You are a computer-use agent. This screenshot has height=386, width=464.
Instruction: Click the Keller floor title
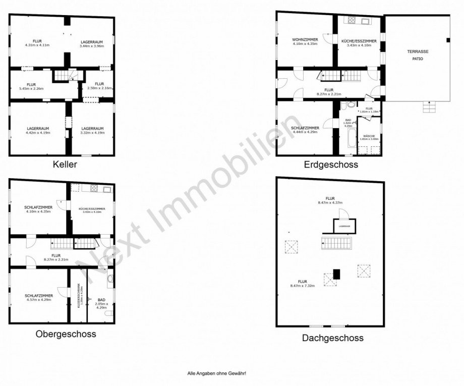pyautogui.click(x=65, y=164)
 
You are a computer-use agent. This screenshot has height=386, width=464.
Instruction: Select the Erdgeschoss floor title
pyautogui.click(x=330, y=164)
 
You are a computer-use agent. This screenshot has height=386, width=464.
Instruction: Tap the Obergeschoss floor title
pyautogui.click(x=66, y=334)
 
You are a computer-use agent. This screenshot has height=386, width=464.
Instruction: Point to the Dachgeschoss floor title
pyautogui.click(x=332, y=338)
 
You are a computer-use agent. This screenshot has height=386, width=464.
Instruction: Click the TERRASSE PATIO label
pyautogui.click(x=418, y=55)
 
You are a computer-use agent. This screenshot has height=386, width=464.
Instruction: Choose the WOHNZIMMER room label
pyautogui.click(x=305, y=42)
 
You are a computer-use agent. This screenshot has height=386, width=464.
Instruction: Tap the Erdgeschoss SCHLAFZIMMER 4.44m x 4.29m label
pyautogui.click(x=304, y=130)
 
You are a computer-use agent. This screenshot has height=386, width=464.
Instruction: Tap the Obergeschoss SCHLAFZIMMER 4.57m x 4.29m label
pyautogui.click(x=38, y=298)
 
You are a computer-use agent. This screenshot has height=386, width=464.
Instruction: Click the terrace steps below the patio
pyautogui.click(x=428, y=107)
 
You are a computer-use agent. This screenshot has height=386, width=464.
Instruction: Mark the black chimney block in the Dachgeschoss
pyautogui.click(x=336, y=274)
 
